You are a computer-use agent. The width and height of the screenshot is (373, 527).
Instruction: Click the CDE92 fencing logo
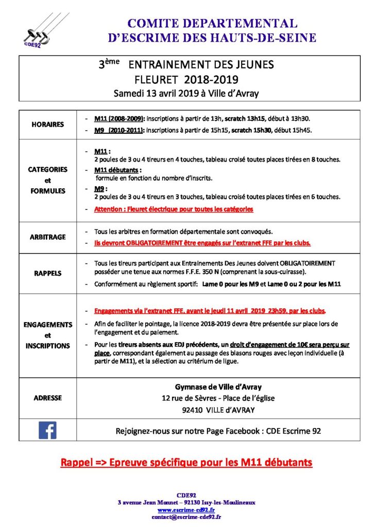click(38, 31)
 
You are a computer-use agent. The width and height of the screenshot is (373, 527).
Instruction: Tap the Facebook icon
click(47, 430)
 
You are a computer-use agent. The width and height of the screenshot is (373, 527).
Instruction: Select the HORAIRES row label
click(47, 125)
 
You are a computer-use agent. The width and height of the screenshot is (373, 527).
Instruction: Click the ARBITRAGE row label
click(47, 237)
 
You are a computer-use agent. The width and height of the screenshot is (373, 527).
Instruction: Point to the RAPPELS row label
click(47, 273)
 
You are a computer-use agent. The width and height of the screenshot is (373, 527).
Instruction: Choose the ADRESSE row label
click(47, 398)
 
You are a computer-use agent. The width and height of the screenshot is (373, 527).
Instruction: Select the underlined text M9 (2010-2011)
click(120, 131)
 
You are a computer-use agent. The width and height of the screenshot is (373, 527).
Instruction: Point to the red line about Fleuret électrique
click(174, 209)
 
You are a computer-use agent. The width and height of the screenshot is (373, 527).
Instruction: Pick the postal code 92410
click(193, 410)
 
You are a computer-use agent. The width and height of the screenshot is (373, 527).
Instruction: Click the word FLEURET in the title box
click(155, 80)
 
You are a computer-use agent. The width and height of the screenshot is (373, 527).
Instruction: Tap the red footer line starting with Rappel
click(186, 462)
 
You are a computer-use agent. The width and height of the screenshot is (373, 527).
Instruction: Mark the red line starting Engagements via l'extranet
click(210, 311)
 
